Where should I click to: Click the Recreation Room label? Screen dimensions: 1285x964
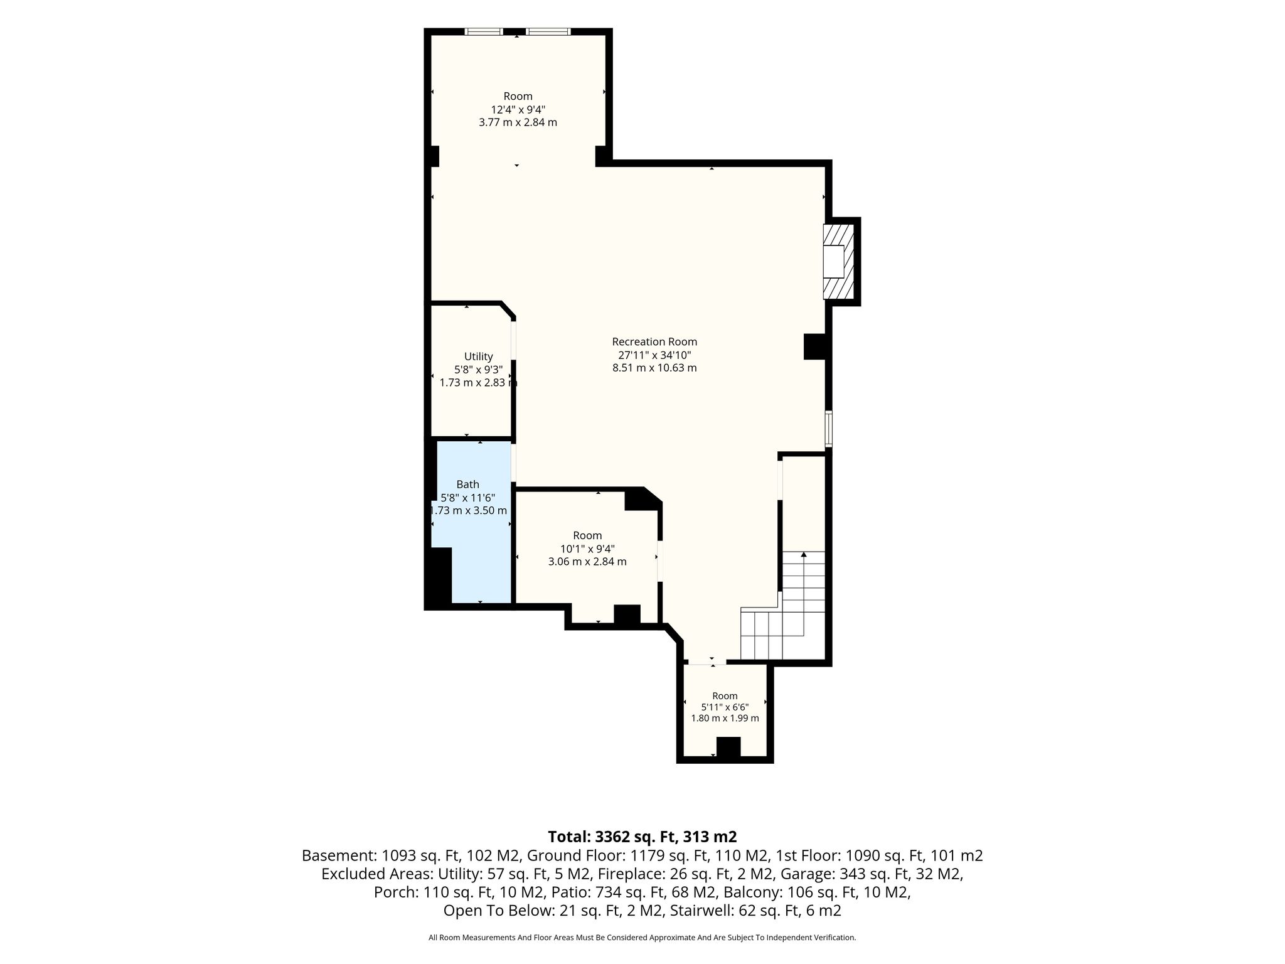(x=654, y=342)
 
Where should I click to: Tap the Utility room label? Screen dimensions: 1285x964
(x=478, y=356)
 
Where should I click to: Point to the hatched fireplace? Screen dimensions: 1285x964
(x=839, y=261)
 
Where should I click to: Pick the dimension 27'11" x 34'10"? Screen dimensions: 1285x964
(x=654, y=355)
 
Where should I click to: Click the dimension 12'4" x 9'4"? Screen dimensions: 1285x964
(x=518, y=109)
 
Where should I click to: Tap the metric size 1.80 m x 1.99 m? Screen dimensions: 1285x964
(x=725, y=718)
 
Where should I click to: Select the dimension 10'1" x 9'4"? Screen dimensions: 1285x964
(x=587, y=549)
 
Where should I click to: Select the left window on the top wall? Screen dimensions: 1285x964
(x=484, y=31)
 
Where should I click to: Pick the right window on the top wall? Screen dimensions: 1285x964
(x=548, y=31)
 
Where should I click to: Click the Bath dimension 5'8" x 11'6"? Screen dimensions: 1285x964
(x=468, y=498)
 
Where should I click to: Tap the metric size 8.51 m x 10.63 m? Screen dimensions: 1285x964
(x=654, y=368)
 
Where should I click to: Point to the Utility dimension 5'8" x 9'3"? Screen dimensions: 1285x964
(x=478, y=370)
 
